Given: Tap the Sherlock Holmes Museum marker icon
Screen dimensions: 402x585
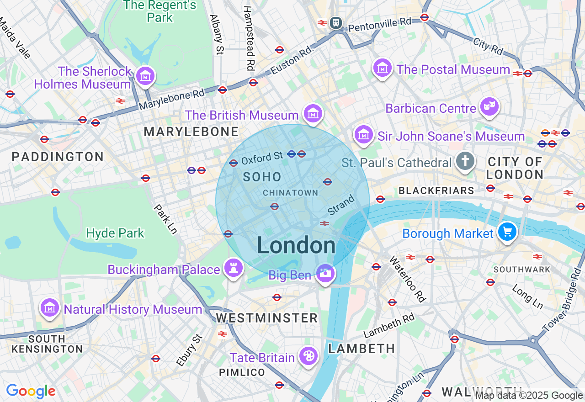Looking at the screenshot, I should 145,76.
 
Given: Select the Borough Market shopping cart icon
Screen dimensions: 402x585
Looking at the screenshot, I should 507,232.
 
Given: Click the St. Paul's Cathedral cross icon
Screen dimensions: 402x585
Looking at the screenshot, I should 465,161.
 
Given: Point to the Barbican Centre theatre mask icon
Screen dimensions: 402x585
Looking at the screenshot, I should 489,107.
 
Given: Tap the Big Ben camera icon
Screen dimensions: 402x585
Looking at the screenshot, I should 325,273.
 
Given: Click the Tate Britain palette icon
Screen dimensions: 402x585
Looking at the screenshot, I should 308,356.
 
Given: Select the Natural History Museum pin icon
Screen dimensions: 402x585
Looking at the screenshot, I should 50,307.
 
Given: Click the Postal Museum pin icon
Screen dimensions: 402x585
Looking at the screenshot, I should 383,68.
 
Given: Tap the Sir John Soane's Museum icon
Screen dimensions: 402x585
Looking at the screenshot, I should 364,134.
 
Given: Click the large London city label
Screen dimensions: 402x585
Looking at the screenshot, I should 296,246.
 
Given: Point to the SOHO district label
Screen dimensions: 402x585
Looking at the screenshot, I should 262,177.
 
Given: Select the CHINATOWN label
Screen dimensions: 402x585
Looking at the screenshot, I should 291,193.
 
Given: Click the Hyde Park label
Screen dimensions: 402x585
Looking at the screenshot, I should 115,233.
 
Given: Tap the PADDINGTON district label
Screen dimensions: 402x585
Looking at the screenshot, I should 58,157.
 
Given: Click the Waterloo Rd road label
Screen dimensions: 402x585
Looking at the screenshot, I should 407,279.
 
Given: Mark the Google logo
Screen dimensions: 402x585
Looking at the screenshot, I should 31,391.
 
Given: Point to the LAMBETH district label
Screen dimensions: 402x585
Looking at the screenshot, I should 362,349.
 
